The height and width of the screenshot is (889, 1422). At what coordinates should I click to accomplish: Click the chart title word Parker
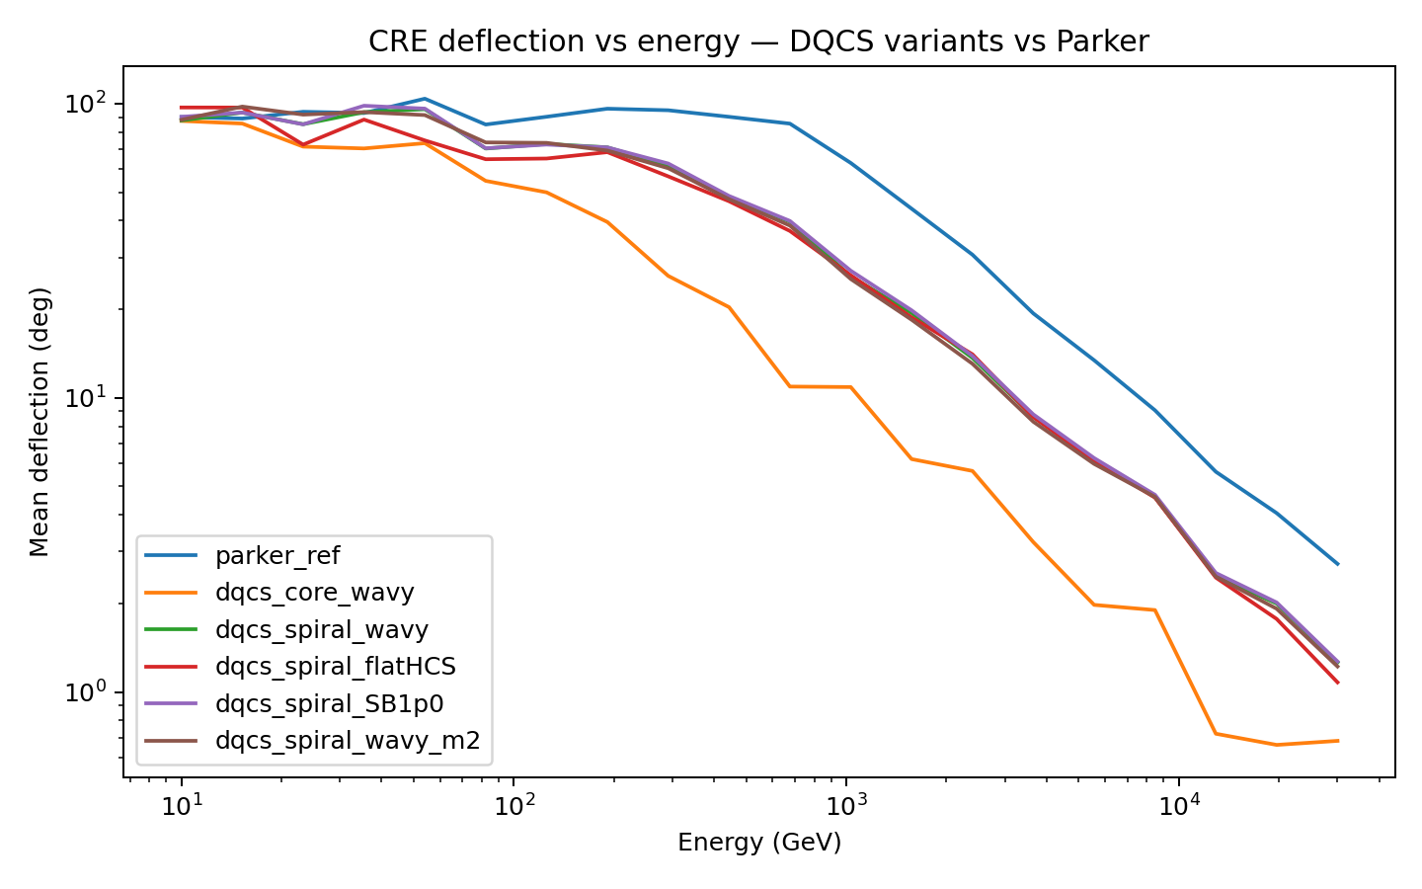pyautogui.click(x=1102, y=41)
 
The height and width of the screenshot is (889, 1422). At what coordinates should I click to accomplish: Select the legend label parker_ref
pyautogui.click(x=276, y=556)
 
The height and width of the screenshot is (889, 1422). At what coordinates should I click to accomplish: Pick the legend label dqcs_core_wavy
pyautogui.click(x=314, y=593)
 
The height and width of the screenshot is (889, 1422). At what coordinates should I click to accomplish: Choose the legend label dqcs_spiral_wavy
pyautogui.click(x=321, y=630)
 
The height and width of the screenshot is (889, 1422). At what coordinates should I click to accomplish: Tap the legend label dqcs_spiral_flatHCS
pyautogui.click(x=335, y=667)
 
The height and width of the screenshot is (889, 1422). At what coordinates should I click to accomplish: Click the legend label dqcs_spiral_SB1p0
pyautogui.click(x=330, y=704)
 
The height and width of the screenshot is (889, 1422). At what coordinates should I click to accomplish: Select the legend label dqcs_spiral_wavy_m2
pyautogui.click(x=347, y=741)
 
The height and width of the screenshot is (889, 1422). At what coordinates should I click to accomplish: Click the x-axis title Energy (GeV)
pyautogui.click(x=759, y=843)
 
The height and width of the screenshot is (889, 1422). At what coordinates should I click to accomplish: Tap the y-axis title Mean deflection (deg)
pyautogui.click(x=39, y=422)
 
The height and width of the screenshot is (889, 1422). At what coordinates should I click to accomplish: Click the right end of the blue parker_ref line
pyautogui.click(x=1338, y=564)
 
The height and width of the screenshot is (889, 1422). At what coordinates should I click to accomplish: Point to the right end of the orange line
pyautogui.click(x=1338, y=740)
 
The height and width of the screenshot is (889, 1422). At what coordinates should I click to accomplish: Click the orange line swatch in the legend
pyautogui.click(x=170, y=593)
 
